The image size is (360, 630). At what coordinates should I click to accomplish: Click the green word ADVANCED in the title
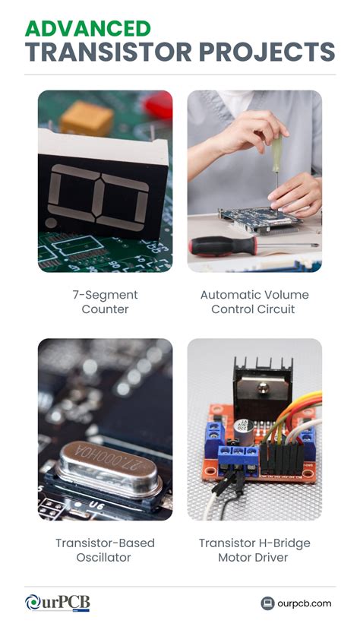pos(87,29)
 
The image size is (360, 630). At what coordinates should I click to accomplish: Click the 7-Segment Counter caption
pos(105,302)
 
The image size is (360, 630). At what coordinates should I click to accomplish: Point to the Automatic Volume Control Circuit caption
pos(254,302)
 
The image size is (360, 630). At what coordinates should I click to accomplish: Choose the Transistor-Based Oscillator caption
pos(105,550)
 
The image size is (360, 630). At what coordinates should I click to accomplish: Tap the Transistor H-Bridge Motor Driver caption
pos(254,550)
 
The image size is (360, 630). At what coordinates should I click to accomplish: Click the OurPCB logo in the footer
pos(57,603)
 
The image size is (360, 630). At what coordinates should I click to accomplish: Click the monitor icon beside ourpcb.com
pos(267,603)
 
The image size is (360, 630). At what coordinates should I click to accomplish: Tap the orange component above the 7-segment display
pos(87,118)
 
